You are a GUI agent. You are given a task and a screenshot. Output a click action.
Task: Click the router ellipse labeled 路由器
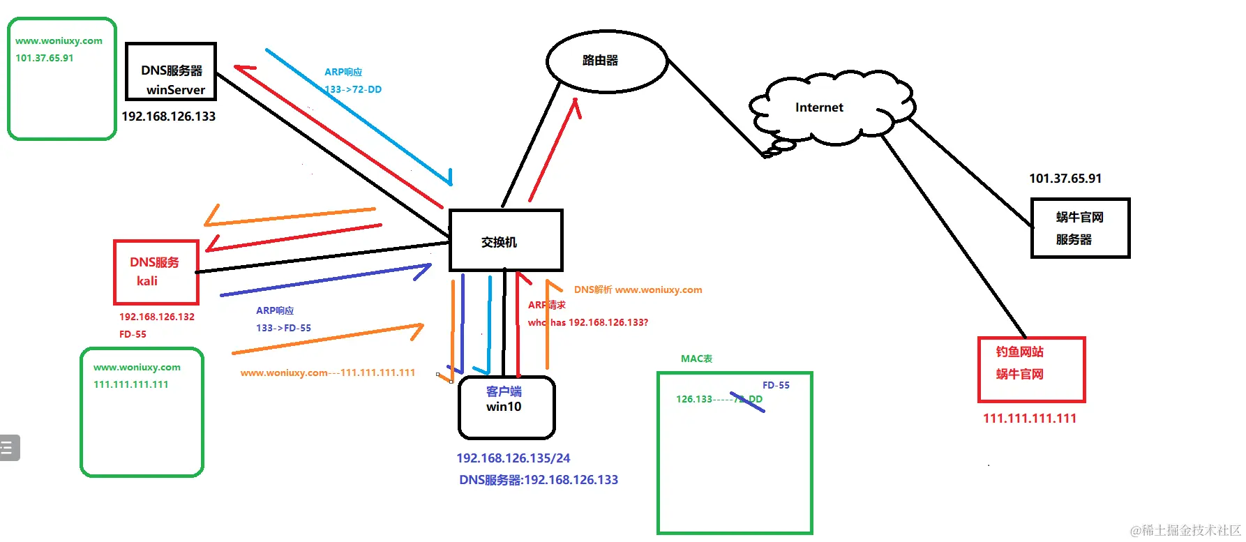[606, 61]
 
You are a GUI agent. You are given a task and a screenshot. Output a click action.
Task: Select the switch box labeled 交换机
[505, 241]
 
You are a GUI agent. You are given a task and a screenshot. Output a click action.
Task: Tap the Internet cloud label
[819, 107]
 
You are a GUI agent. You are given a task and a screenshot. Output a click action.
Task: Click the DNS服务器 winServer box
[171, 72]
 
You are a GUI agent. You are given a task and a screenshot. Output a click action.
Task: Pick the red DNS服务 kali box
[156, 272]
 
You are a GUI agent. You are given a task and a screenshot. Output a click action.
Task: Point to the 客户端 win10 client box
[506, 407]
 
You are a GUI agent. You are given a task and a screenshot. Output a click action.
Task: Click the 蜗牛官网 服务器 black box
[1079, 228]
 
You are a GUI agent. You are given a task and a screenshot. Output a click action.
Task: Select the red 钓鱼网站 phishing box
[1031, 370]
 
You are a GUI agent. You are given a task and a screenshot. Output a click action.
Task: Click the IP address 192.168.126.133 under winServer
[168, 116]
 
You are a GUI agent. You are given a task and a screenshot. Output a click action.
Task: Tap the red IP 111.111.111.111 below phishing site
[1029, 419]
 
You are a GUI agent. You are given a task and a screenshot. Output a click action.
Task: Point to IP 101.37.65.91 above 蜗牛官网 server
[1065, 179]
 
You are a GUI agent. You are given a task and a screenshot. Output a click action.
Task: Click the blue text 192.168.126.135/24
[513, 458]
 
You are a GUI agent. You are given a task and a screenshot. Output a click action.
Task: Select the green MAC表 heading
[696, 359]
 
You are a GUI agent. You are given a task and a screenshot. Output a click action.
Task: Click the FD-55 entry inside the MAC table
[775, 385]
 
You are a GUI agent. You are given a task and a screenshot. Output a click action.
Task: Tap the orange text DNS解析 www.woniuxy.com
[638, 289]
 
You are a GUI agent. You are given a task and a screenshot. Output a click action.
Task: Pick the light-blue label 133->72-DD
[354, 89]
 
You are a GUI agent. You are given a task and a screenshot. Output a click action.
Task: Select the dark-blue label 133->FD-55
[283, 328]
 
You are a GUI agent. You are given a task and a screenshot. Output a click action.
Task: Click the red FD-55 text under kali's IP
[133, 334]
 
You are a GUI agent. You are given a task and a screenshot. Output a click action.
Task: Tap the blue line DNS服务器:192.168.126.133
[538, 480]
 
